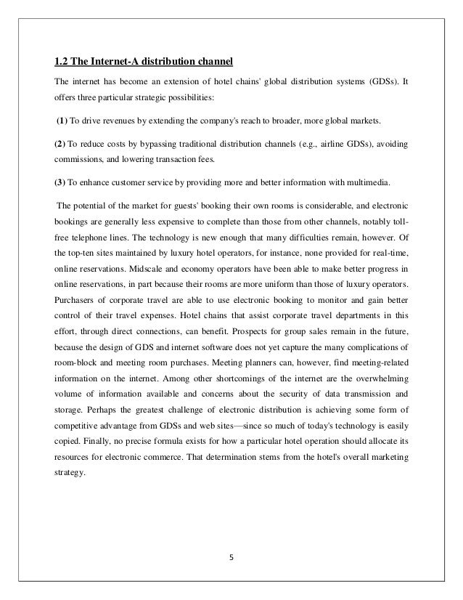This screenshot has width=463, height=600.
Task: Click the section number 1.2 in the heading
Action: [x=64, y=60]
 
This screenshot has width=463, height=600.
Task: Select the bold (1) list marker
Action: [x=63, y=119]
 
